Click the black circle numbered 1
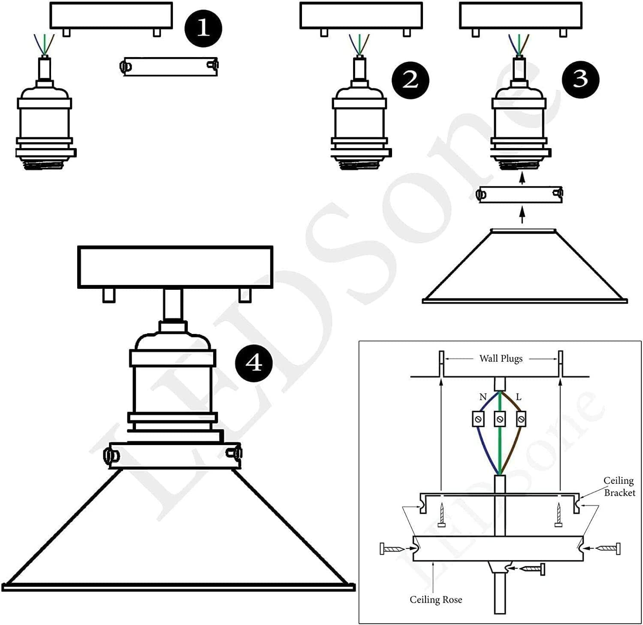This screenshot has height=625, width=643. [x=203, y=28]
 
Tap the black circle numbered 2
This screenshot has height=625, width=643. [x=410, y=80]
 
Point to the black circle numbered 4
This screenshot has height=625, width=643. [x=254, y=364]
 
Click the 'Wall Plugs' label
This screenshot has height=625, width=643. [x=501, y=358]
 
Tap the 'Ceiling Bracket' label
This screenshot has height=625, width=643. [x=619, y=487]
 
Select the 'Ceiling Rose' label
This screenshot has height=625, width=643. [x=435, y=600]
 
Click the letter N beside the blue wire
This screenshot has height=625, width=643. [x=483, y=397]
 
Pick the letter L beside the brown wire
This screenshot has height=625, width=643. [x=519, y=397]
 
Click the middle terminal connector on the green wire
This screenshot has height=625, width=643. [x=500, y=419]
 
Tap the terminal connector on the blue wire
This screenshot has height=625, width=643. [x=478, y=419]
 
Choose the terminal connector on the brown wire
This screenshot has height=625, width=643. [x=521, y=419]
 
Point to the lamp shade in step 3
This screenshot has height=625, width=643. [x=524, y=268]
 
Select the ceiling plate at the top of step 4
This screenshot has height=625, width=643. [x=175, y=267]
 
